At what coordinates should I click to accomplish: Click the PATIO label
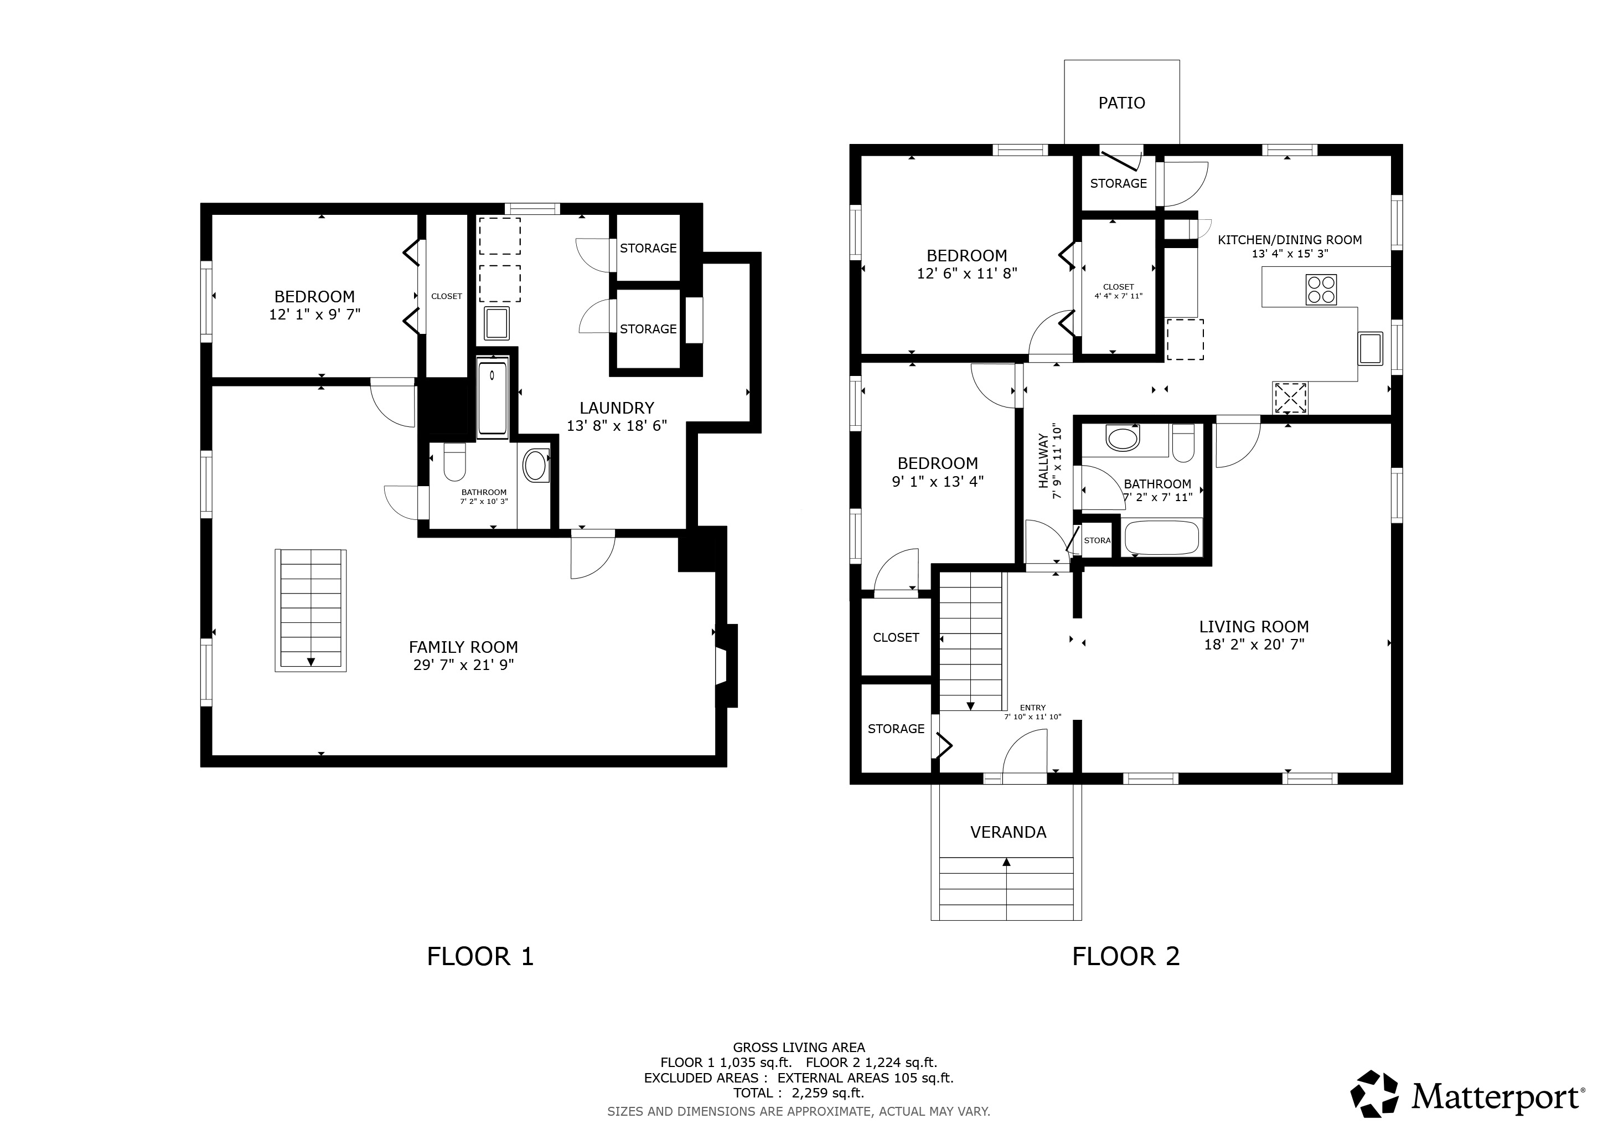click(1121, 104)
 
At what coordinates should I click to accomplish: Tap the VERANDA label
click(1008, 832)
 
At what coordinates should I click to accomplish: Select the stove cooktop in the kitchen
click(1321, 290)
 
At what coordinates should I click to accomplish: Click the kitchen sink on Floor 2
click(1370, 348)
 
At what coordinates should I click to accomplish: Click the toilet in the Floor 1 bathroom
click(454, 462)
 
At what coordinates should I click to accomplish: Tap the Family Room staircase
click(311, 611)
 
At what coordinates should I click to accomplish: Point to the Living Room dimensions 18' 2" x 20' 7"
click(1254, 645)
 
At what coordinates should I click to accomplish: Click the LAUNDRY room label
click(617, 408)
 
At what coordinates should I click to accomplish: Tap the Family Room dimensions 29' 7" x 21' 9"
click(464, 665)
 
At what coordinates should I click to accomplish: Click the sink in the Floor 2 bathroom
click(1123, 439)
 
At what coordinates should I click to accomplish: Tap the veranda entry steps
click(1006, 888)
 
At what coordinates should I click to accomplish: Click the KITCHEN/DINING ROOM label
click(1290, 240)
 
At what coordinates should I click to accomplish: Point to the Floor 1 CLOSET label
click(446, 296)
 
